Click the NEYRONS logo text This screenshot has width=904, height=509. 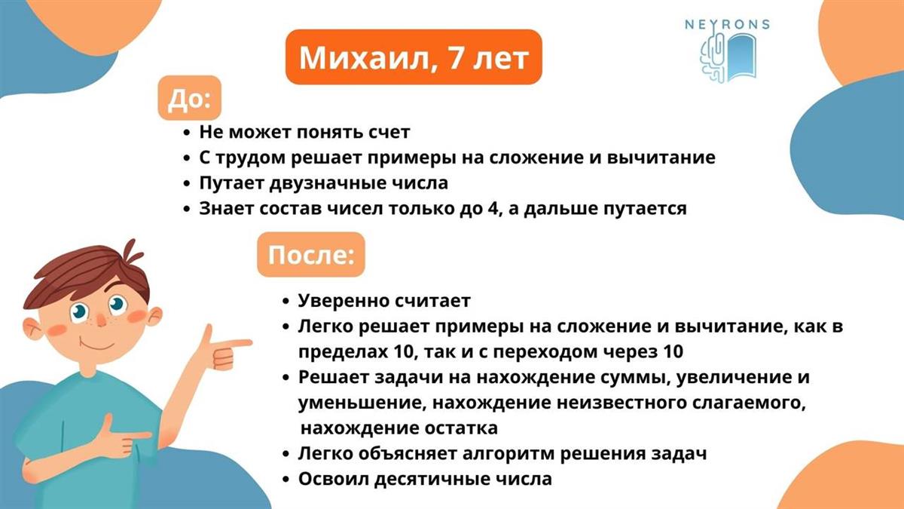pos(727,24)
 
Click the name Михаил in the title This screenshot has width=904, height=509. pos(364,58)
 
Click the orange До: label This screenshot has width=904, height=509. pos(190,98)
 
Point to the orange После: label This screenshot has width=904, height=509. pos(310,255)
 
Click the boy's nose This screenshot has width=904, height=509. pos(101,319)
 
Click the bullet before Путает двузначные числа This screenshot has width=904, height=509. pos(186,183)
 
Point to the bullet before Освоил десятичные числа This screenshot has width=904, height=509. pos(286,479)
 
